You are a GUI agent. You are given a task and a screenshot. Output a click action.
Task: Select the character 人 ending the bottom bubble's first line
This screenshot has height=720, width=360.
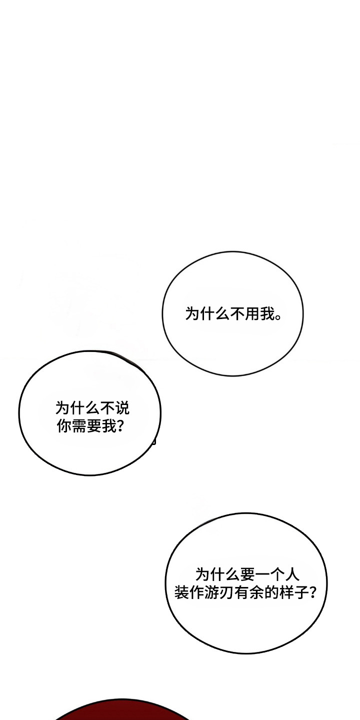click(x=292, y=574)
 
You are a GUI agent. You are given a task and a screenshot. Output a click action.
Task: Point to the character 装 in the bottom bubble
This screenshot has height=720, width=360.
click(x=181, y=592)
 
